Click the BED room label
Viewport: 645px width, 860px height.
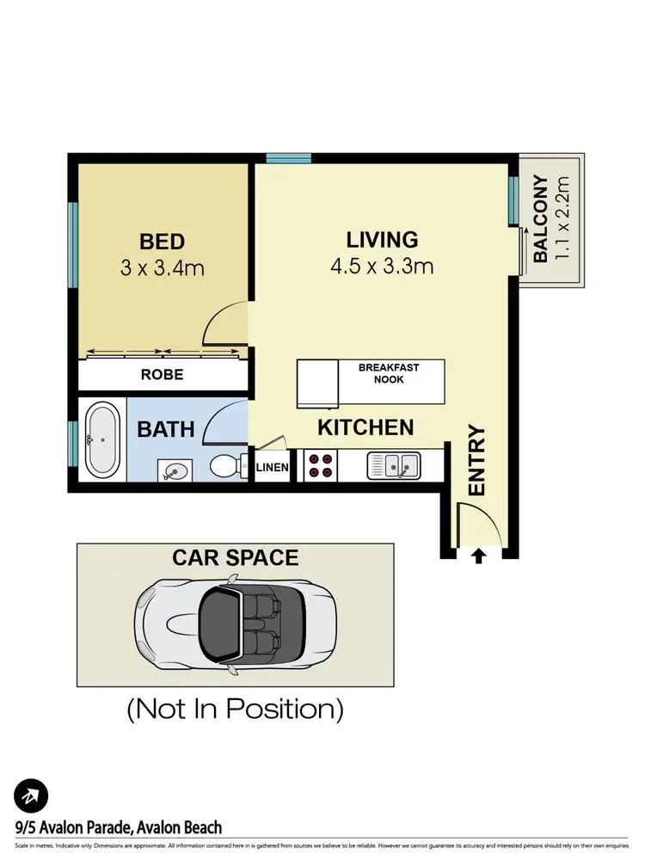[163, 241]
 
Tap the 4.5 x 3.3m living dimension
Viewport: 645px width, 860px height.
[382, 267]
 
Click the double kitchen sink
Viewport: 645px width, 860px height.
[393, 466]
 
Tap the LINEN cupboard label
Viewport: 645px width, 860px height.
[273, 468]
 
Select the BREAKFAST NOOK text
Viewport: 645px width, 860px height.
[389, 374]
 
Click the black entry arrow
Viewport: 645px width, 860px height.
[478, 556]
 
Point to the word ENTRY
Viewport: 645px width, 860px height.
[477, 461]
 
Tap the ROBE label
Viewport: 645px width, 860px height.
[163, 375]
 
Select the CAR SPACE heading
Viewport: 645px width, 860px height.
[236, 557]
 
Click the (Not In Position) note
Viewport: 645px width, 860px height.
[236, 709]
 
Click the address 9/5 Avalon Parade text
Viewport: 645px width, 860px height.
[119, 828]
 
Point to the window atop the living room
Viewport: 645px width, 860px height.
[288, 158]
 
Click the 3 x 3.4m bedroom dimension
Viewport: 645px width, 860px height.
[163, 267]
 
